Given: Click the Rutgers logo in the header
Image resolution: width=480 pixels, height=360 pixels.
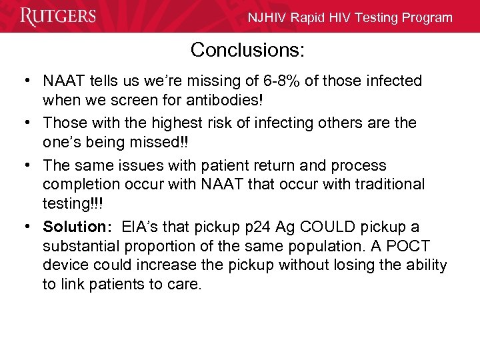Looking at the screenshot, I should tap(59, 16).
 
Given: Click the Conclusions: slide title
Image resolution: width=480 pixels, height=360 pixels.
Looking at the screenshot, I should tap(247, 50).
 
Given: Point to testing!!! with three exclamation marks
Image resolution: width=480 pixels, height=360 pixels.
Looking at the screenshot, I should tap(73, 203).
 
